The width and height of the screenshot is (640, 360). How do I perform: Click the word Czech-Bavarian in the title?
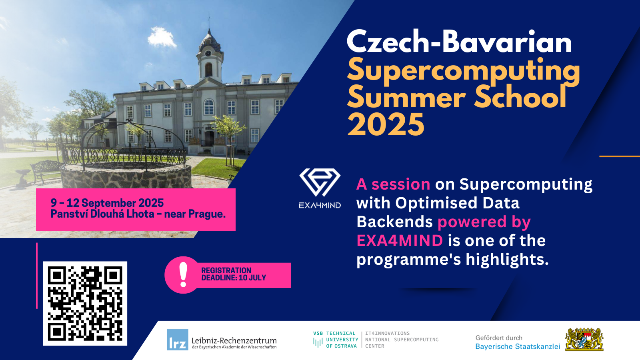459,42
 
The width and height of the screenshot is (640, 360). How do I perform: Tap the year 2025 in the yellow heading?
386,124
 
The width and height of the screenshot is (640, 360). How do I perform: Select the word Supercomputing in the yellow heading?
464,72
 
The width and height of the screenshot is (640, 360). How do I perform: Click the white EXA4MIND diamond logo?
320,182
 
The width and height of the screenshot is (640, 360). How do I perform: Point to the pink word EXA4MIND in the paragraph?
400,240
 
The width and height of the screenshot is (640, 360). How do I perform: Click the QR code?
85,304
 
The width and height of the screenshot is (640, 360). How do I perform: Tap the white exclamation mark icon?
183,275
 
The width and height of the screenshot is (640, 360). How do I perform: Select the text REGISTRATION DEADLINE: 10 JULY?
234,274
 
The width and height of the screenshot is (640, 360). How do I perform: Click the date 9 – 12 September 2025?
107,203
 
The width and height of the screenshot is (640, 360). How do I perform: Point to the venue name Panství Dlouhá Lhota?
102,214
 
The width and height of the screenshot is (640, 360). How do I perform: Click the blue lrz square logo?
178,340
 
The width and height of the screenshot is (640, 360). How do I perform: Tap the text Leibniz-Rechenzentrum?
234,340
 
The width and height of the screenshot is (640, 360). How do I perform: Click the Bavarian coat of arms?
584,340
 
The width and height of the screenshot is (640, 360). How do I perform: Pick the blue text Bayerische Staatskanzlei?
518,346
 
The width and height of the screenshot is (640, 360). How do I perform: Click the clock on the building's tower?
208,53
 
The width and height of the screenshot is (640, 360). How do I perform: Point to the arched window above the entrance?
209,107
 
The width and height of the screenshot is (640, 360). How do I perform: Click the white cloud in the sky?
162,37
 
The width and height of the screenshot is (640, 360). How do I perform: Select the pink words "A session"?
393,184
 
